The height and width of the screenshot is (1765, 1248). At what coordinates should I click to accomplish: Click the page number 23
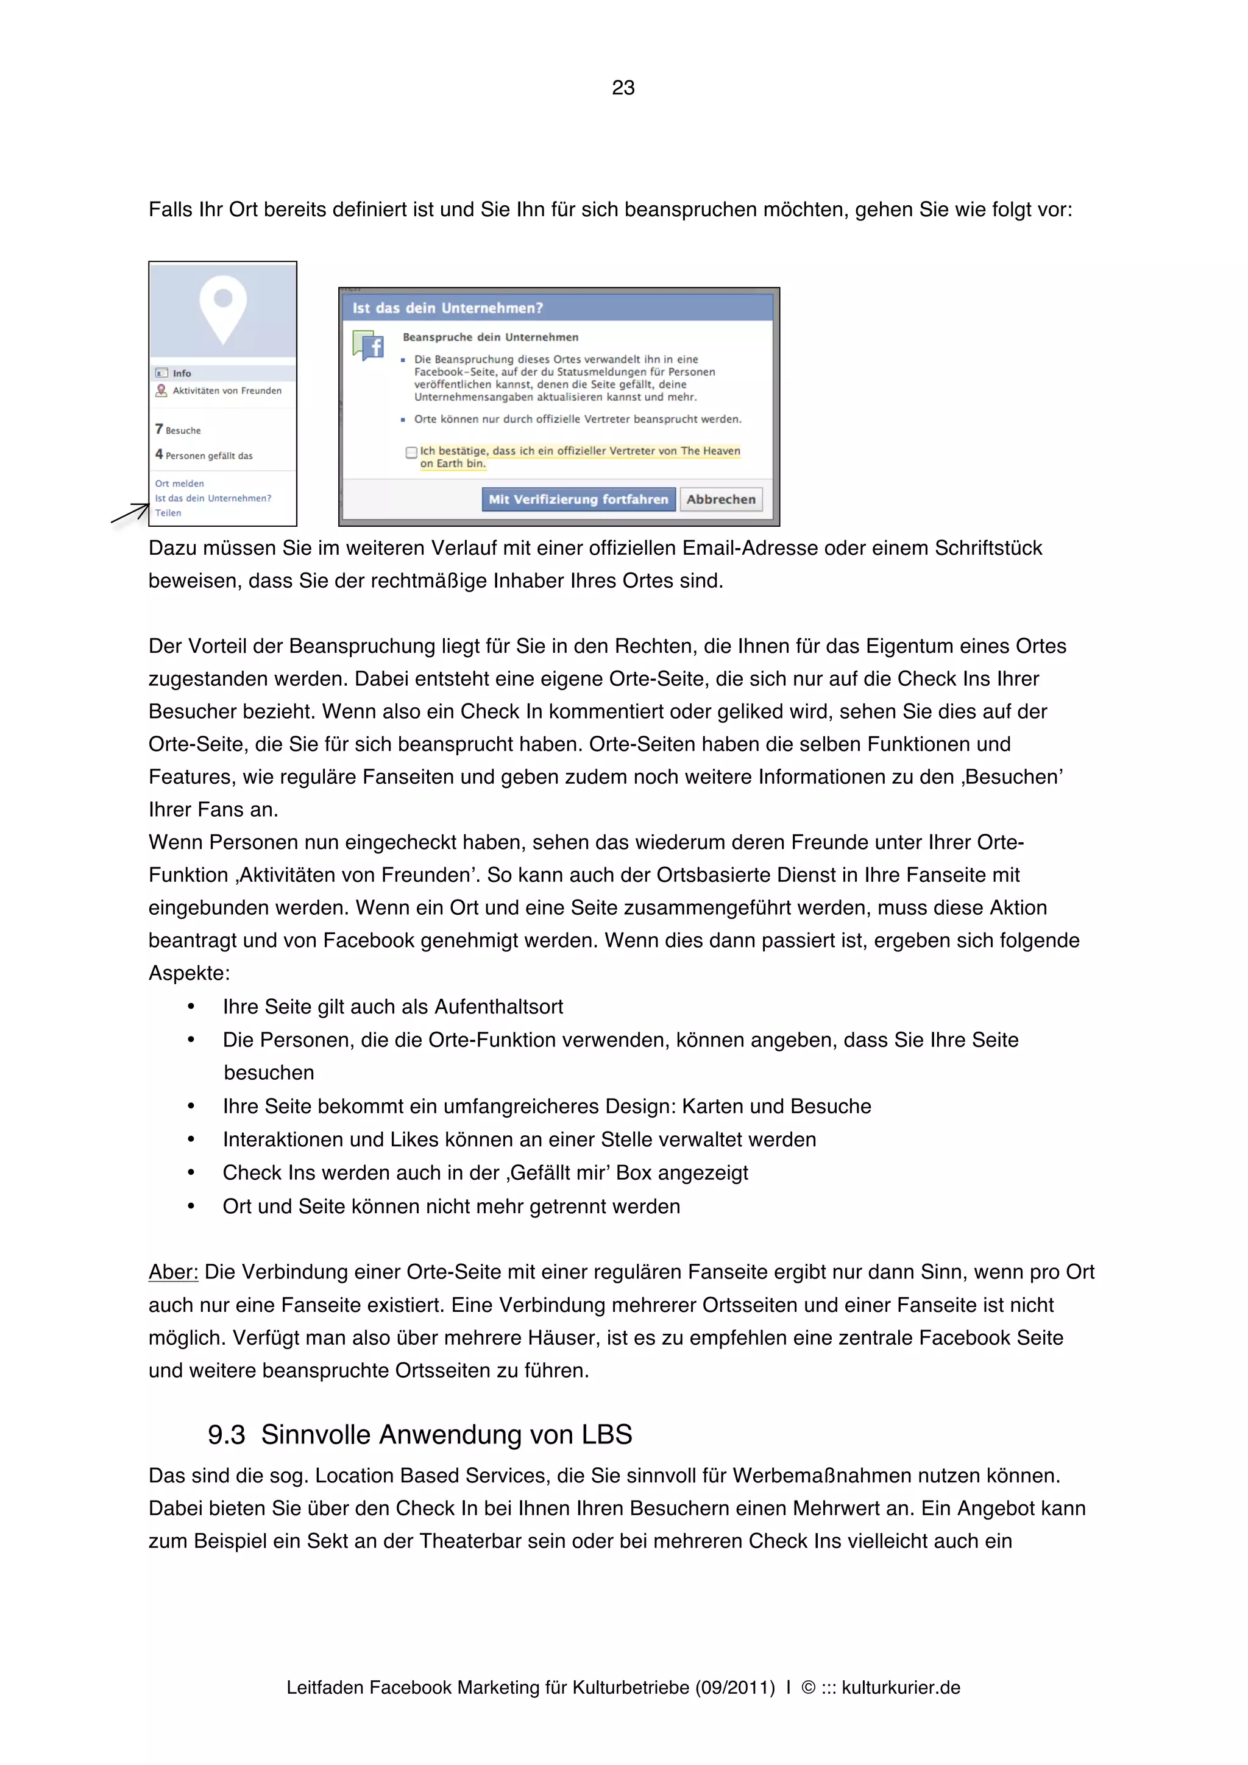(x=623, y=88)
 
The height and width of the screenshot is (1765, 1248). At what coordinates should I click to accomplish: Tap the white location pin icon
(x=223, y=308)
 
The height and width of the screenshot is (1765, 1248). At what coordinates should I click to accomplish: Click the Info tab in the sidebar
(x=182, y=373)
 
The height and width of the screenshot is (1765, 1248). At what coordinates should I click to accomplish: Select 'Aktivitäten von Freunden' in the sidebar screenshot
(x=226, y=390)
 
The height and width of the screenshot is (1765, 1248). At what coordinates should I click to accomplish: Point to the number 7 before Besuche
(x=159, y=429)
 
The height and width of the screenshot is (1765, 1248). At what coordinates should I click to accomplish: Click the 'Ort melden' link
(x=179, y=484)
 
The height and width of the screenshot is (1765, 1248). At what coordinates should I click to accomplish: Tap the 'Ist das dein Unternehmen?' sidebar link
(x=213, y=498)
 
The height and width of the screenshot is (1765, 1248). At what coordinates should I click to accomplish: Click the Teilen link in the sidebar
(x=168, y=513)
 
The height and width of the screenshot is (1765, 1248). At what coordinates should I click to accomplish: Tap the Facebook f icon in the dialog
(x=369, y=346)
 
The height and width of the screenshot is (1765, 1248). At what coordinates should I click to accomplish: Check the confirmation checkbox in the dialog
(x=411, y=453)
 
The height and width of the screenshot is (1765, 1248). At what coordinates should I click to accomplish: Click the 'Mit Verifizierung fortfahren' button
(x=578, y=499)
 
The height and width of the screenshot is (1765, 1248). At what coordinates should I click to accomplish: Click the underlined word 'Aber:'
(x=173, y=1272)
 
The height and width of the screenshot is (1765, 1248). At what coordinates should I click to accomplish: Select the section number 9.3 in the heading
(x=226, y=1436)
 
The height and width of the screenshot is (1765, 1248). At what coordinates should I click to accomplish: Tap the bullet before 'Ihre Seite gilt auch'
(x=191, y=1007)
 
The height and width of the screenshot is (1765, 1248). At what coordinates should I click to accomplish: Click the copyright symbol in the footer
(x=808, y=1688)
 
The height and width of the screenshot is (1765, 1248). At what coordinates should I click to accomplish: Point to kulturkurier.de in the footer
(x=901, y=1688)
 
